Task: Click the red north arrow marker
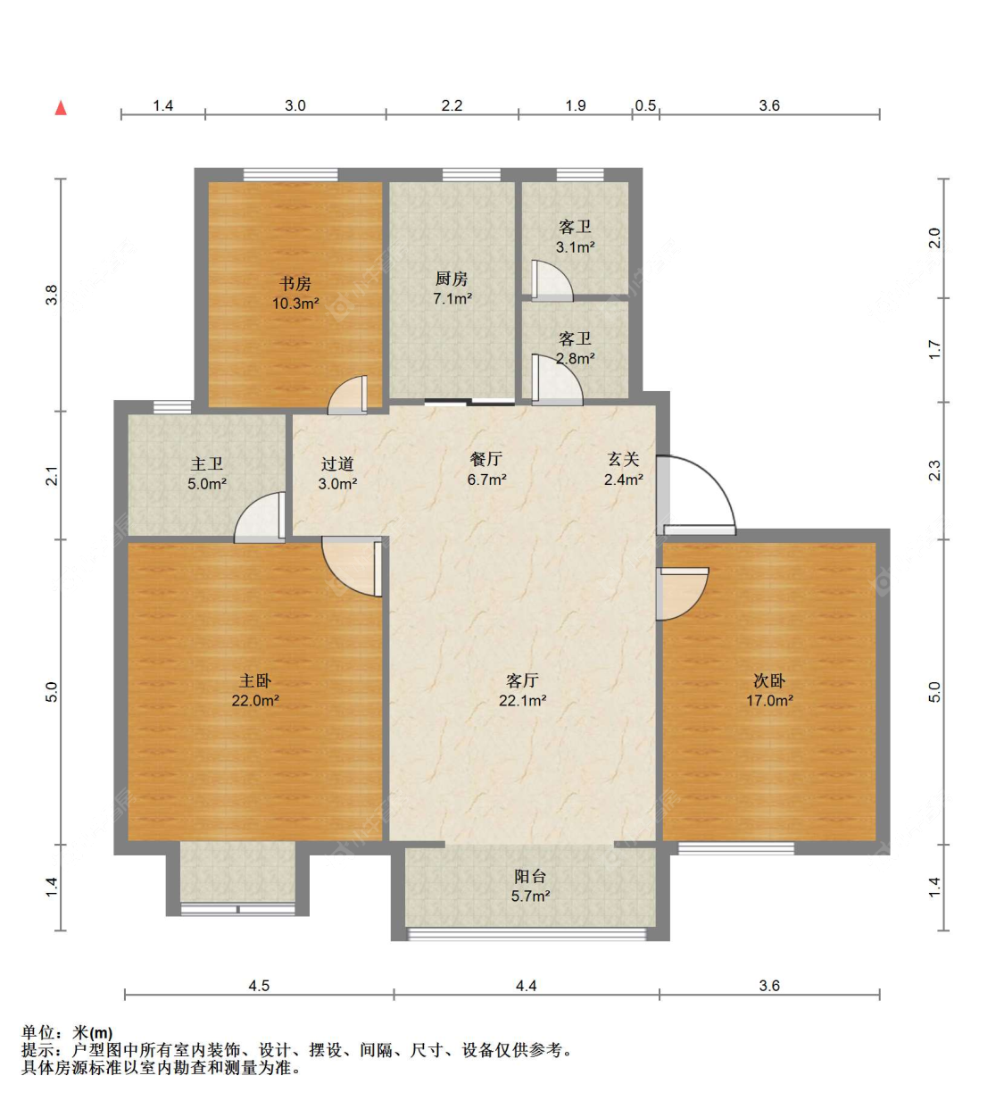point(61,108)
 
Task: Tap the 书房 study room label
point(295,284)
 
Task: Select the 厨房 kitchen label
point(452,279)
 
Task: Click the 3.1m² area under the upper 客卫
point(576,247)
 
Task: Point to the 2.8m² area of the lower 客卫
point(576,359)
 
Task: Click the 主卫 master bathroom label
point(207,463)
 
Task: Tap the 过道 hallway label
point(337,463)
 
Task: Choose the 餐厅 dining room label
point(486,459)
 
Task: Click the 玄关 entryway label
point(623,459)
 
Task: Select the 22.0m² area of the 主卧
point(255,700)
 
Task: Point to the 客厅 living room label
point(522,680)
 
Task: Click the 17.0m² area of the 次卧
point(769,700)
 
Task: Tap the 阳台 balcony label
point(530,876)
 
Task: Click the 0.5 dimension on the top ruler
point(645,105)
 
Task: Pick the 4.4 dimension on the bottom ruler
point(526,985)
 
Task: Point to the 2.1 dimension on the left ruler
point(52,476)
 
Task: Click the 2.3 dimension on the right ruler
point(933,471)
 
